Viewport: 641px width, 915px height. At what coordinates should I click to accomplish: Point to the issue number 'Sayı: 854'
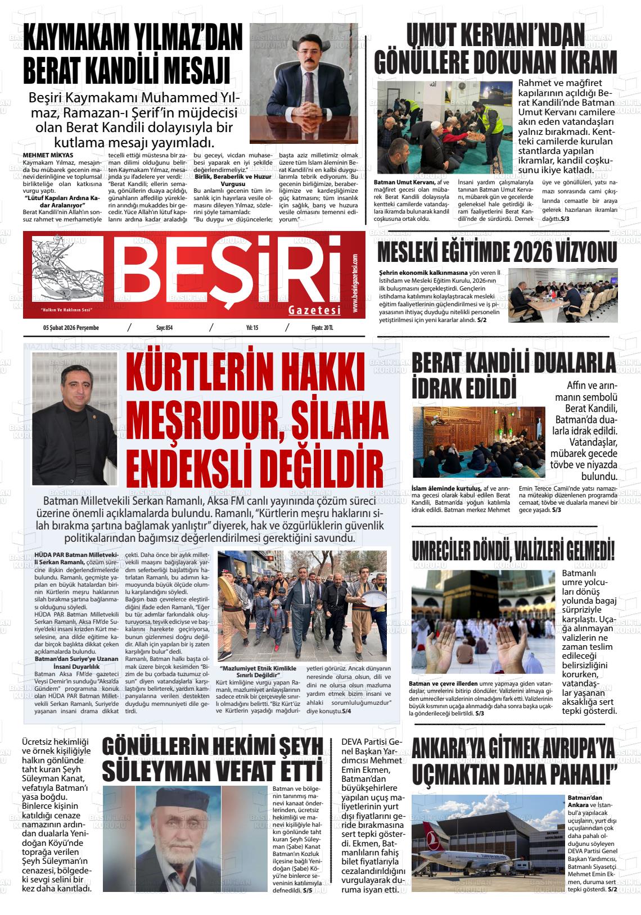164,328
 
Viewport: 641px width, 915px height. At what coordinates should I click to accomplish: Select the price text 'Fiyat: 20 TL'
323,328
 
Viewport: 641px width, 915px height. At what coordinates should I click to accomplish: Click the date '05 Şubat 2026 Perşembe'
70,328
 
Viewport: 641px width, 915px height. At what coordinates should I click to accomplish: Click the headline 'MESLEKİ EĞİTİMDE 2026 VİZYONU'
497,252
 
